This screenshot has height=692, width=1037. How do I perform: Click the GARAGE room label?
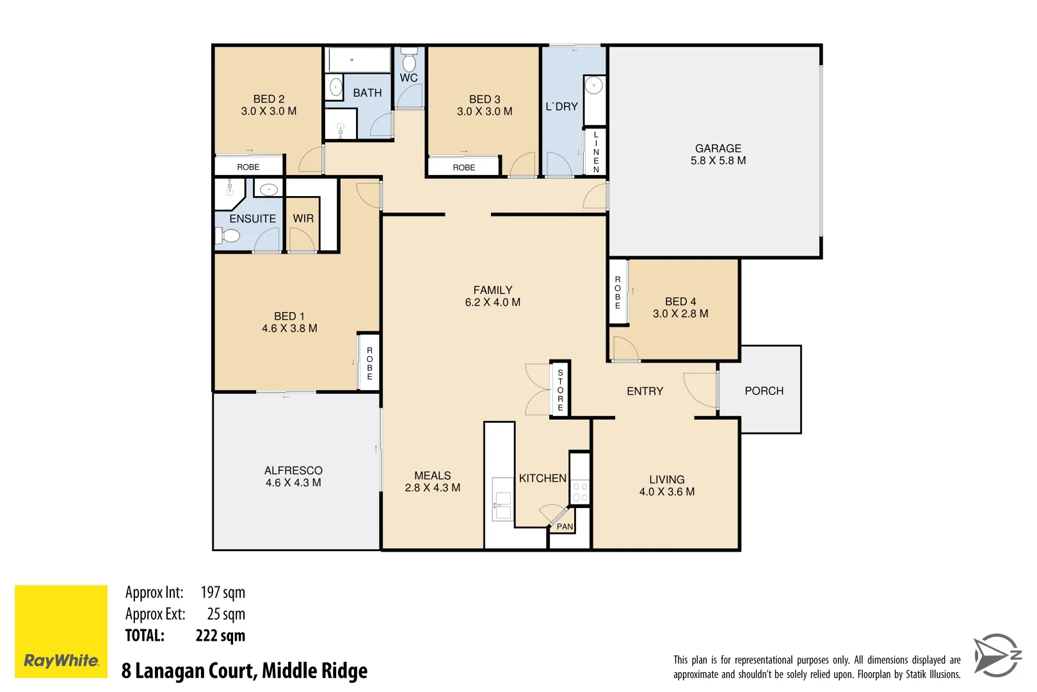point(718,148)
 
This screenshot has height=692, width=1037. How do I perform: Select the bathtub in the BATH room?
point(358,60)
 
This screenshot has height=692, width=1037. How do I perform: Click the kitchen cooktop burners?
point(580,491)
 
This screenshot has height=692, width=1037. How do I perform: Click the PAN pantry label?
point(565,527)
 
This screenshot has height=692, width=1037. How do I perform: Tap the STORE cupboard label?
point(560,390)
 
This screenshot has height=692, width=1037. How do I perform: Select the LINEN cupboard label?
point(596,152)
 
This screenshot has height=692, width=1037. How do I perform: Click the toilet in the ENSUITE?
point(227,236)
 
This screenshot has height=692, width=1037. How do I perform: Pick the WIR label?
point(303,218)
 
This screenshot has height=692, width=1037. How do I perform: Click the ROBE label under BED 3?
point(464,167)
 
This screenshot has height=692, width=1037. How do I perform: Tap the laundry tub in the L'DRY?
point(594,85)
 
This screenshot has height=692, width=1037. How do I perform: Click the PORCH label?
point(764,391)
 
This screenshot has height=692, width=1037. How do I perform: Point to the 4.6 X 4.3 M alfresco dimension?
point(293,482)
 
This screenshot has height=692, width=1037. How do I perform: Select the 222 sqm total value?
point(220,636)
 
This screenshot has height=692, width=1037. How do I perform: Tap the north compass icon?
point(997,655)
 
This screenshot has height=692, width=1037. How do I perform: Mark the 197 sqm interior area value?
point(223,593)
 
